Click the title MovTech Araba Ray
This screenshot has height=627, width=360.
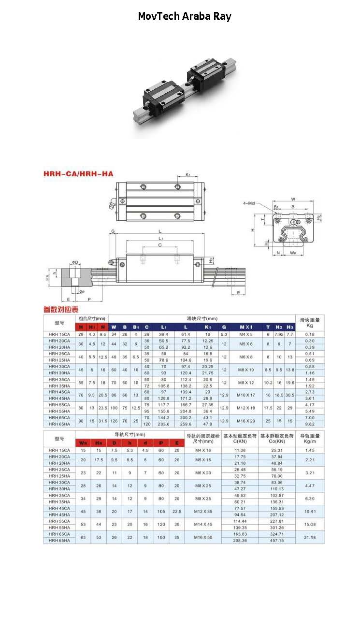click(x=185, y=16)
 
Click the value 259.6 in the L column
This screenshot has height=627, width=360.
click(x=186, y=424)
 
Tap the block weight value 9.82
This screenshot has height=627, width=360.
click(x=310, y=424)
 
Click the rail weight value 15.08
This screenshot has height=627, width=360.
click(x=310, y=524)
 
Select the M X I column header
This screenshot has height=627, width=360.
click(x=245, y=327)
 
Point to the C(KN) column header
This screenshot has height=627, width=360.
click(x=240, y=441)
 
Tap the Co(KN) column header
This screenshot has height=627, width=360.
click(x=277, y=441)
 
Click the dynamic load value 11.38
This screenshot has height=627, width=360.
click(x=240, y=450)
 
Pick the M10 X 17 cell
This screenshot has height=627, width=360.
click(x=245, y=395)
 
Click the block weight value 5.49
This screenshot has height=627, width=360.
click(x=310, y=411)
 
